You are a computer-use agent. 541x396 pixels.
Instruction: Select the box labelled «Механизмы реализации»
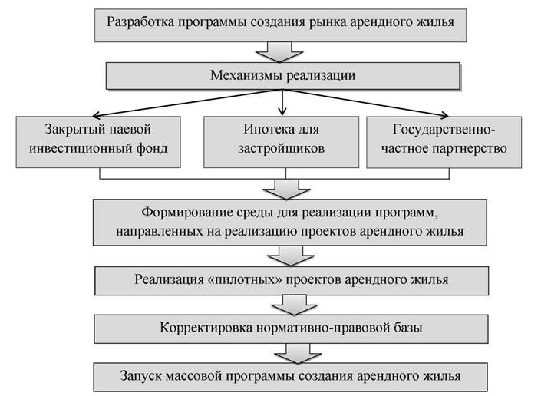tap(283, 76)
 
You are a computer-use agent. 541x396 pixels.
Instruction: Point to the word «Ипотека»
tap(265, 129)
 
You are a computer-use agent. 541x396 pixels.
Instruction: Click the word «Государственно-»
tap(444, 130)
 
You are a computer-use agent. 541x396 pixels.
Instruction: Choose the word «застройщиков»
tap(281, 149)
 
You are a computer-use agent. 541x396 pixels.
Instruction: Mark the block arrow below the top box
tap(279, 52)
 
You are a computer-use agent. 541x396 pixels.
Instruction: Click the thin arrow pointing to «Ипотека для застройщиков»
tap(282, 102)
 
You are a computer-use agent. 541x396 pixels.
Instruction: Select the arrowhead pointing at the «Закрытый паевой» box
tap(95, 115)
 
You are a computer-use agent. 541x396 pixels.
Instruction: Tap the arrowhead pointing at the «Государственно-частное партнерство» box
tap(446, 116)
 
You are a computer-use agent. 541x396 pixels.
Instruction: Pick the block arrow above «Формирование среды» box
tap(286, 189)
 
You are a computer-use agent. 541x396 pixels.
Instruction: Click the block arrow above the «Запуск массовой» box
tap(298, 354)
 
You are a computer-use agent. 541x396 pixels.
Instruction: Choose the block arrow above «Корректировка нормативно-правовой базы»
tap(295, 305)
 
